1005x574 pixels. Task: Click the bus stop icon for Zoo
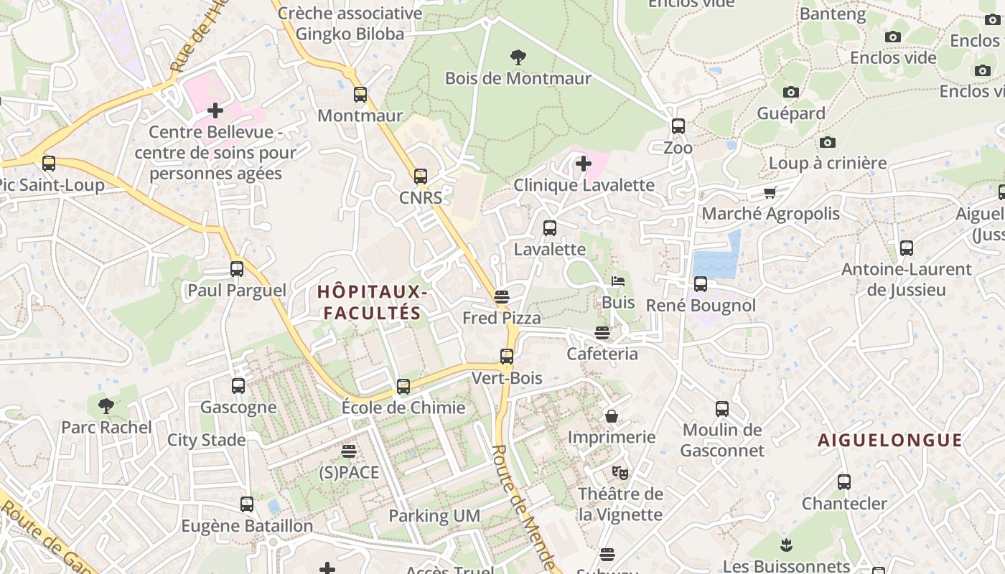click(678, 126)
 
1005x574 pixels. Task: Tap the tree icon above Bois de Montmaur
click(517, 57)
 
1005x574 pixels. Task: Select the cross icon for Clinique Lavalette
click(583, 164)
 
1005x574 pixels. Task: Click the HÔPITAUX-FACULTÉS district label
click(373, 302)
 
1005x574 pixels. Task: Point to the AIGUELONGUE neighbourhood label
click(890, 441)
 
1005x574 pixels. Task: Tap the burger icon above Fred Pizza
click(502, 297)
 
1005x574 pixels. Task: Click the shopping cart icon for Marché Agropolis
click(770, 192)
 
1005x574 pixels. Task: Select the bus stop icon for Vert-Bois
click(507, 357)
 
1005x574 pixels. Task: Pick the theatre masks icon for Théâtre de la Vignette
click(620, 472)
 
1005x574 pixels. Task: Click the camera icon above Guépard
click(790, 92)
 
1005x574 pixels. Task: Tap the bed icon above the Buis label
click(618, 281)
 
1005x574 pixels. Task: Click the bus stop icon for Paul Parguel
click(237, 269)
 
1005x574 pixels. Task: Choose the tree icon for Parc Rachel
click(106, 406)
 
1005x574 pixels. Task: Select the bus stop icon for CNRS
click(421, 177)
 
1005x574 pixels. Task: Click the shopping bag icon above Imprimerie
click(612, 416)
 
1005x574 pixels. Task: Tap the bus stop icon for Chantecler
click(844, 482)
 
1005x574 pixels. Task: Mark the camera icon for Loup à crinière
click(827, 142)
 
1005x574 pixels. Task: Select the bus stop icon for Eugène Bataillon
click(247, 504)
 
